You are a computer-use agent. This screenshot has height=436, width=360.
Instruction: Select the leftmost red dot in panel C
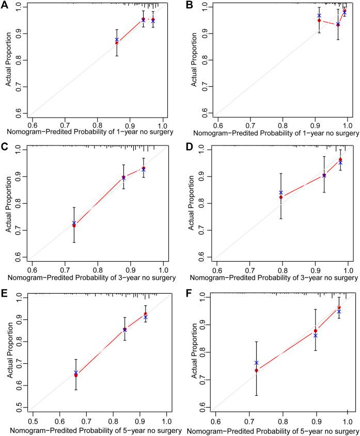[x=74, y=225]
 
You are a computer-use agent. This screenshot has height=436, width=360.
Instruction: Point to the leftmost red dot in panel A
[x=117, y=42]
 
